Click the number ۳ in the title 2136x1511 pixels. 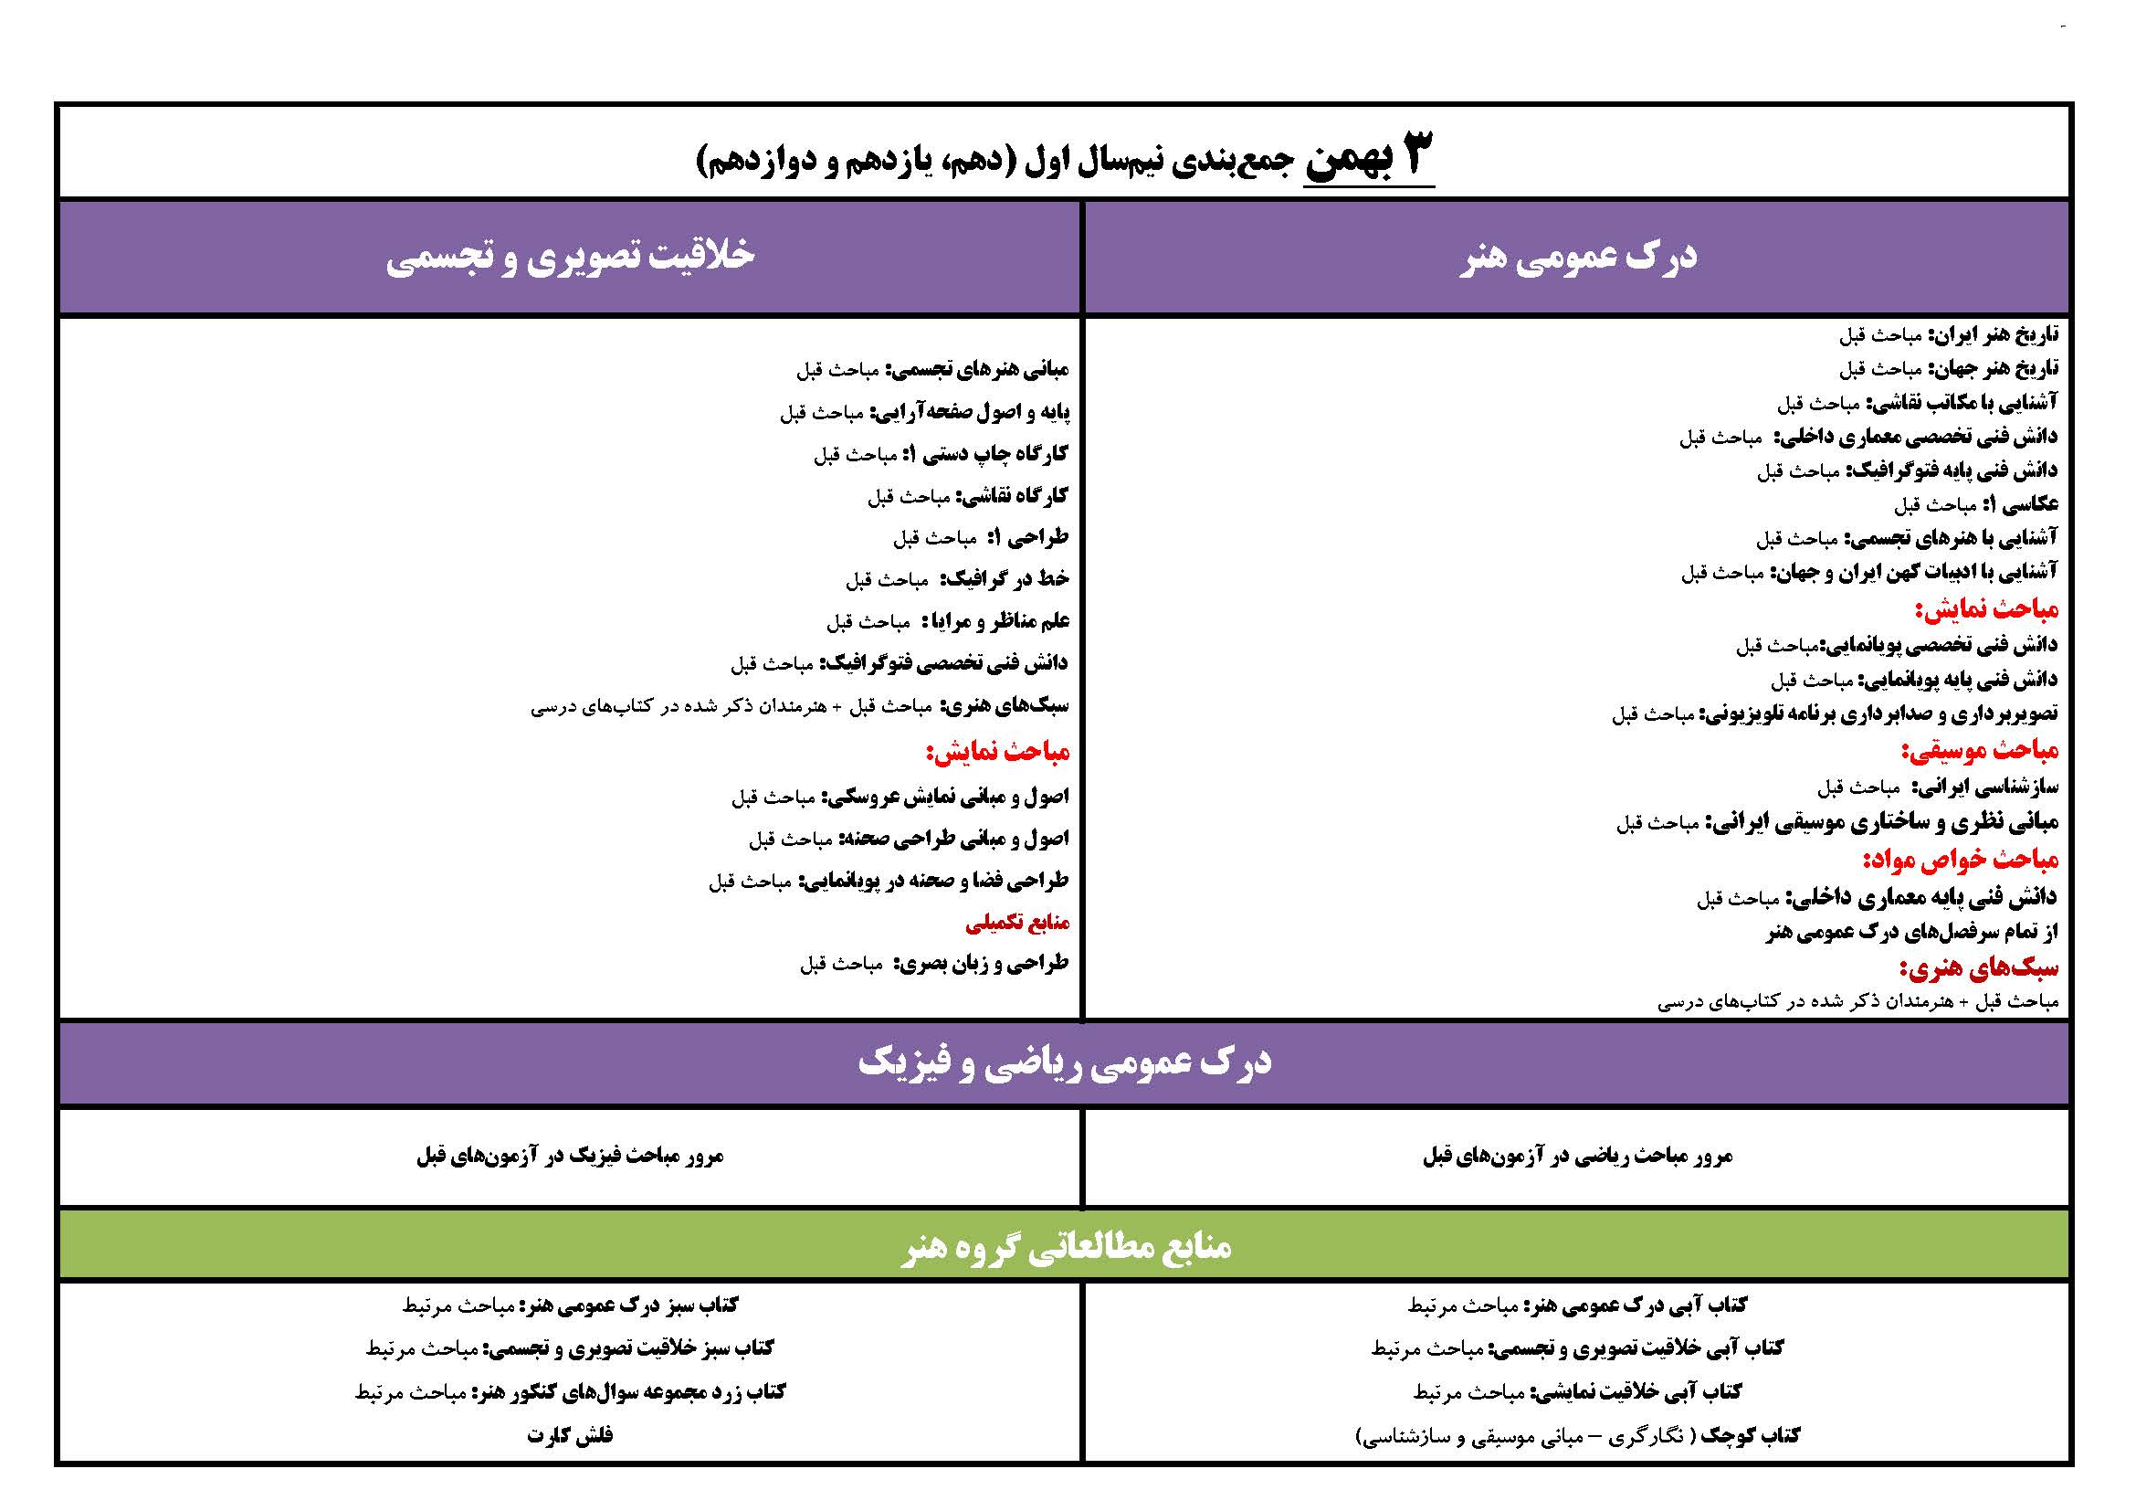point(1411,154)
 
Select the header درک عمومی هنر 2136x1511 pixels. point(1577,257)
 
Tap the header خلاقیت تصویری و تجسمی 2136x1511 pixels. point(569,257)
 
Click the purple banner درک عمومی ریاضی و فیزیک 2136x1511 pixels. point(1064,1063)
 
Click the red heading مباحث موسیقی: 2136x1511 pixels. point(1979,751)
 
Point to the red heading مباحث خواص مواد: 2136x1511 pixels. point(1960,860)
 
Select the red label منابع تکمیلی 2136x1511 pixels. point(1016,923)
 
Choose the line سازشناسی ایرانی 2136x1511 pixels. point(1938,788)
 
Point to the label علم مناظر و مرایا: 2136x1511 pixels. point(995,620)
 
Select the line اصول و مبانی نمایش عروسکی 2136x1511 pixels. point(900,797)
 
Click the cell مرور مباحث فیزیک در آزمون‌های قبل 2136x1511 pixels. point(569,1157)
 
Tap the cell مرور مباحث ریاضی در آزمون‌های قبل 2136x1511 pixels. point(1577,1157)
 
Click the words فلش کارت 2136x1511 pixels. point(569,1434)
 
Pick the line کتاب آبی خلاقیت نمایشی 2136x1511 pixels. point(1577,1392)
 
